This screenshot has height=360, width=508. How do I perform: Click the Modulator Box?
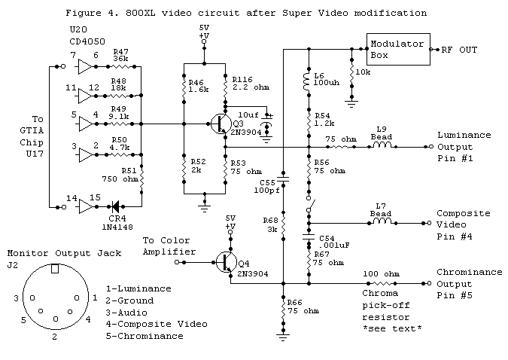pos(396,48)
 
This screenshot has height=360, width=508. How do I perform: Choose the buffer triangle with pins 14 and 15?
pos(85,204)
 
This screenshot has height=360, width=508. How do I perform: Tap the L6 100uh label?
pos(322,82)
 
